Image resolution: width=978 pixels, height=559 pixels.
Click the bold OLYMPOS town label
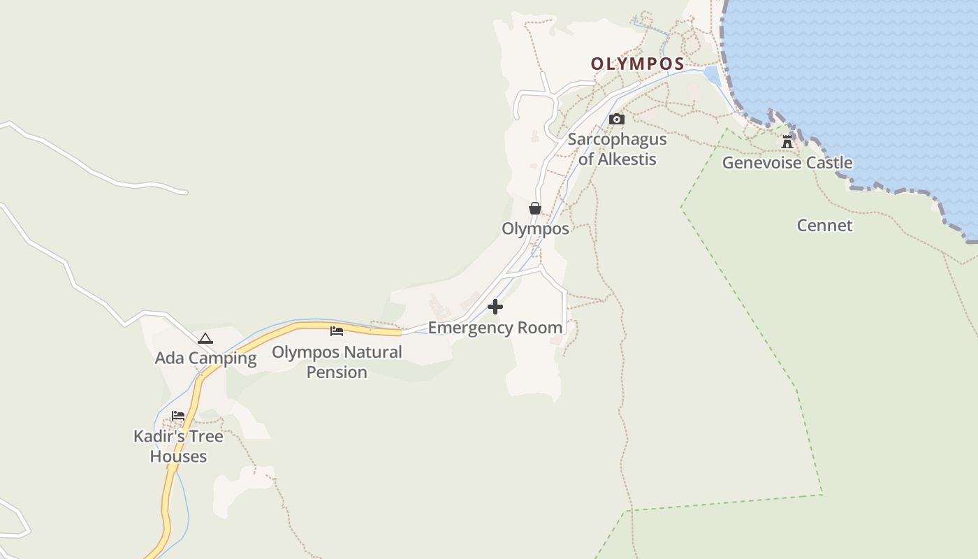pos(637,64)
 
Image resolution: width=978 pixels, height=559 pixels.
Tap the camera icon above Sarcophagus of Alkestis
pos(616,119)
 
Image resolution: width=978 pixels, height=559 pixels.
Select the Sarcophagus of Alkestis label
pos(617,149)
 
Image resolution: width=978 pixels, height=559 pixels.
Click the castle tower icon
pos(787,142)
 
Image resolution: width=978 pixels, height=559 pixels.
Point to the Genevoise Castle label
pos(787,163)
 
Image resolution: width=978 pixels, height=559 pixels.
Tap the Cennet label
pos(824,226)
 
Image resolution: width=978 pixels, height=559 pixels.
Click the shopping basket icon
pos(535,208)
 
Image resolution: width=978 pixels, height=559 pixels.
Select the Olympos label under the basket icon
pos(535,228)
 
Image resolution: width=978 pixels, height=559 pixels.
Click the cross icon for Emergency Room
pos(495,307)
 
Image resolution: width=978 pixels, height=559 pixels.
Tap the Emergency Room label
pos(495,328)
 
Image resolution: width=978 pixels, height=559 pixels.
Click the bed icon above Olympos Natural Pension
pos(337,331)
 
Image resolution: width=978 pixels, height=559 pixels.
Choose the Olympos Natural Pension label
pos(337,361)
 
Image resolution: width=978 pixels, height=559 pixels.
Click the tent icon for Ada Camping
pos(205,339)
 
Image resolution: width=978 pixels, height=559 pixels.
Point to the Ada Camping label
pos(205,358)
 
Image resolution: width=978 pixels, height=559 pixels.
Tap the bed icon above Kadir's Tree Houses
pos(178,416)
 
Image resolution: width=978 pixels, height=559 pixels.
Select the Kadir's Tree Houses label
pos(178,447)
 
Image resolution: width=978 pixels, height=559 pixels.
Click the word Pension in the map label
pos(337,372)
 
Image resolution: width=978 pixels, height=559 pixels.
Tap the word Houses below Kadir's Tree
pos(178,457)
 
